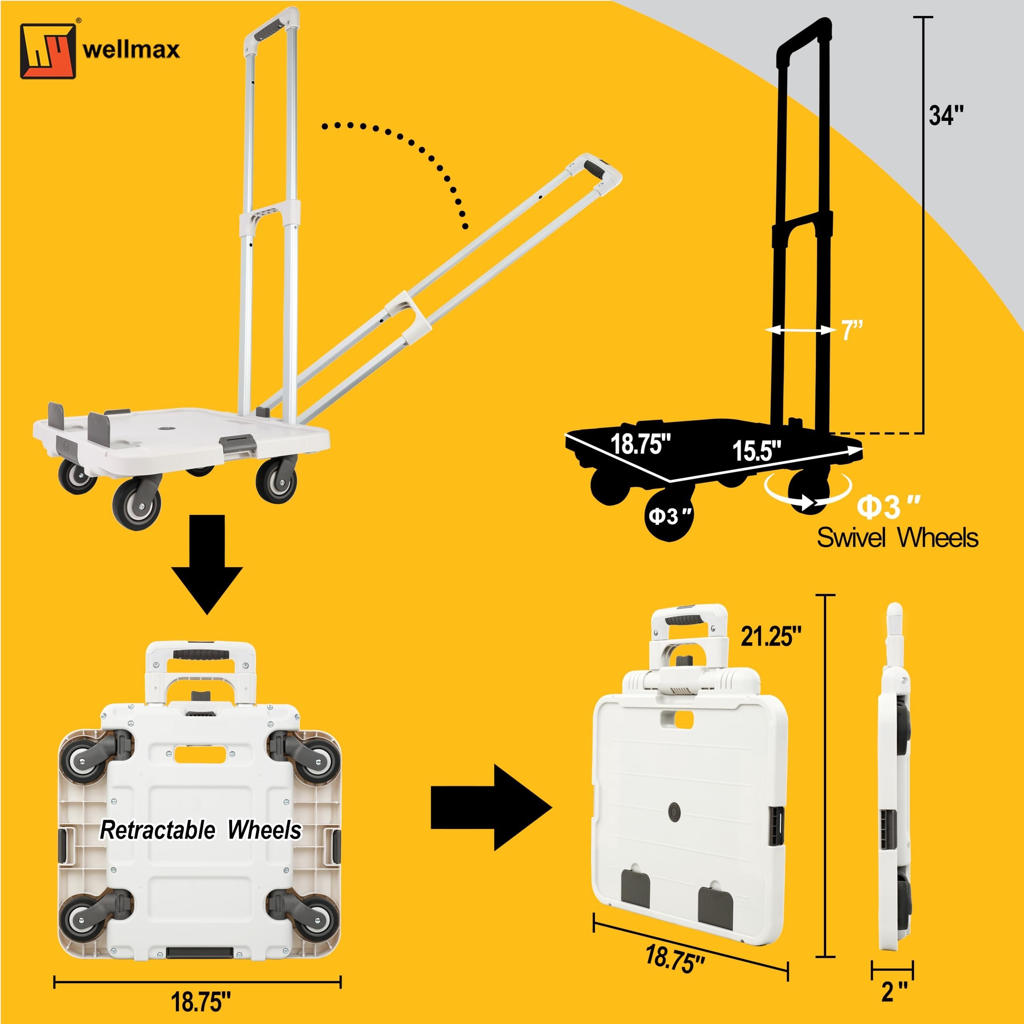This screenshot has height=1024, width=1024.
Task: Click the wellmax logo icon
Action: (x=48, y=50)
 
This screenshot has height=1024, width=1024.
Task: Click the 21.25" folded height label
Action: (x=771, y=636)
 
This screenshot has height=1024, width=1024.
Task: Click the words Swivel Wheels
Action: (x=897, y=538)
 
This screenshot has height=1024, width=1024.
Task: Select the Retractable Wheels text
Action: (x=200, y=830)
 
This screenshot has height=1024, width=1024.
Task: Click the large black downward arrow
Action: (x=207, y=564)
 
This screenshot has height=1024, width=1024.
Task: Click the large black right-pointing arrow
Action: (x=491, y=807)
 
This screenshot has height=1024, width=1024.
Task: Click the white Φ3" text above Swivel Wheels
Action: (x=889, y=507)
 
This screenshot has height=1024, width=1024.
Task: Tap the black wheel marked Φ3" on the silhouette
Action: (x=670, y=515)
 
